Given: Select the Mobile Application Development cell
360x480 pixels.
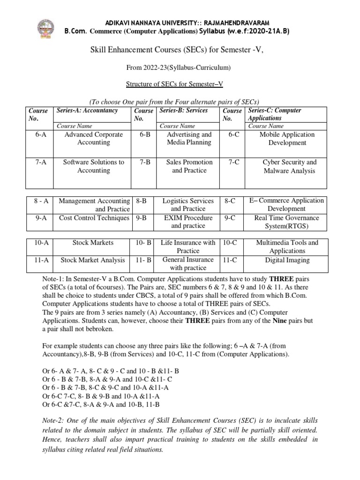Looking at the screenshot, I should [x=288, y=138].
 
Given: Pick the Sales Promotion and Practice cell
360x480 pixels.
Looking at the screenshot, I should [x=189, y=166].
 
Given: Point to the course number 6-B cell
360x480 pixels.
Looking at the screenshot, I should [x=144, y=135].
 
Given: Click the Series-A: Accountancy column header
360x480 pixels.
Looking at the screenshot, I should [x=87, y=111].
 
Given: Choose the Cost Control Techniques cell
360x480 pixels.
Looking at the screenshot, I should [x=94, y=218].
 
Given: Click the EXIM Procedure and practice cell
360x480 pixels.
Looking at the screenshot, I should [x=188, y=222].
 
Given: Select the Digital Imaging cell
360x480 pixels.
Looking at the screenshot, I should [x=287, y=260].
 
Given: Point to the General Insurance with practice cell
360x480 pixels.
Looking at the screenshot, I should [x=188, y=263].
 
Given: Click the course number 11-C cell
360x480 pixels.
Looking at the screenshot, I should [x=230, y=260].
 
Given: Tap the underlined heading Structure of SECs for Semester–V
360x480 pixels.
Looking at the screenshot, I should [x=180, y=84].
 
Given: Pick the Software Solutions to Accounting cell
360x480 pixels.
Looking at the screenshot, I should [x=93, y=166].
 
